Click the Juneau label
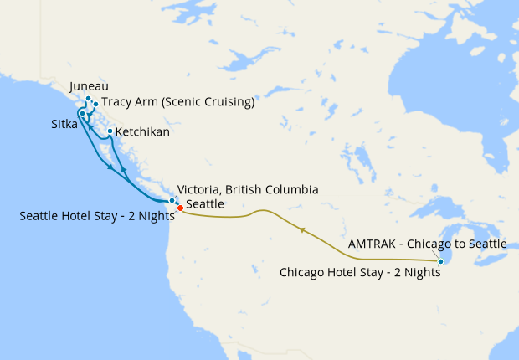tap(89, 86)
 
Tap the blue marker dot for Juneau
tap(88, 99)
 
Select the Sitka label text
tap(63, 124)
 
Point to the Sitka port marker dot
tap(82, 114)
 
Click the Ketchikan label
tap(142, 132)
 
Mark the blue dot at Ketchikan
tap(110, 131)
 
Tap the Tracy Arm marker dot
tap(95, 105)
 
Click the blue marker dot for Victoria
tap(172, 200)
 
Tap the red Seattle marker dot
tap(180, 208)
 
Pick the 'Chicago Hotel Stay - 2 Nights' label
tap(359, 272)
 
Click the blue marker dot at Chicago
tap(441, 262)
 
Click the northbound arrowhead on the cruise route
tap(124, 170)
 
